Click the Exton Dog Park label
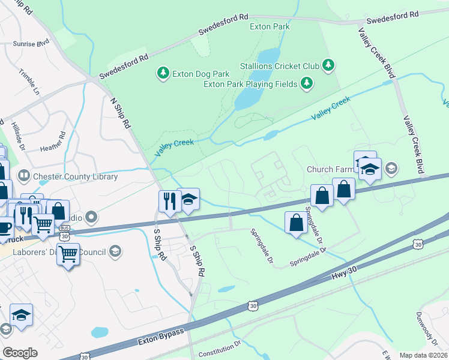click(x=200, y=74)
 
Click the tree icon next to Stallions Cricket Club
click(x=328, y=64)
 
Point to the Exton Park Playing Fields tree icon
click(x=307, y=83)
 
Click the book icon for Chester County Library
click(x=25, y=176)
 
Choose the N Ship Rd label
click(x=120, y=113)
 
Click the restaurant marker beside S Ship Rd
click(x=168, y=200)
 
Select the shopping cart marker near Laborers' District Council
click(x=68, y=254)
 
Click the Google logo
click(x=20, y=353)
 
